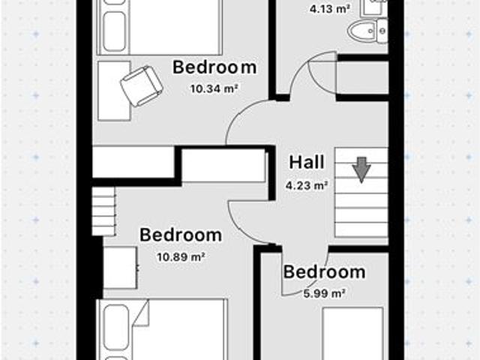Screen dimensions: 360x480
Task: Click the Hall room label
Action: [306, 162]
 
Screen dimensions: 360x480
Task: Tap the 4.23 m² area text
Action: [306, 184]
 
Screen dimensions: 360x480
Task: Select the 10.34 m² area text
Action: [214, 88]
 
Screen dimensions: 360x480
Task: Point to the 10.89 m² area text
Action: [181, 256]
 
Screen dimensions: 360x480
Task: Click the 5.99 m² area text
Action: [325, 293]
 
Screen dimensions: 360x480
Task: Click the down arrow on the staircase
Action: [361, 169]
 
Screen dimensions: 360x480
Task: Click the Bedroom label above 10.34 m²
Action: [214, 67]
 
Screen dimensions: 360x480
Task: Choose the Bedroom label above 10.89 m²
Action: [181, 235]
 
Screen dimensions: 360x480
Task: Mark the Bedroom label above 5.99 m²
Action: [325, 272]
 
